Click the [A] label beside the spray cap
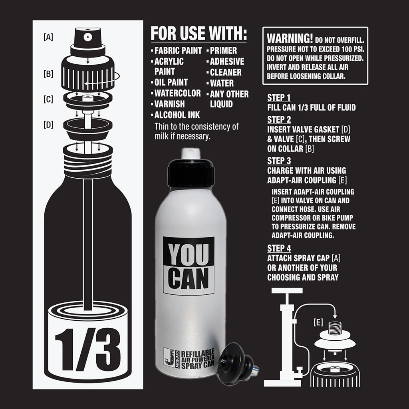pos(48,38)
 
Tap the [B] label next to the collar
pos(48,74)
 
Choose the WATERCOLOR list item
pos(177,93)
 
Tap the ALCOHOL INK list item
pos(177,115)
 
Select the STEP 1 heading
pos(279,98)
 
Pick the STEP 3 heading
pos(279,161)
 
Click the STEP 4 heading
pos(279,248)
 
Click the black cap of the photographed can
pos(191,173)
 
